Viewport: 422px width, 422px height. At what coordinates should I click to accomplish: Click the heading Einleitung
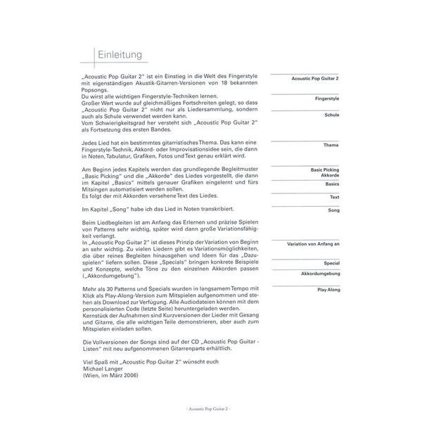pos(120,56)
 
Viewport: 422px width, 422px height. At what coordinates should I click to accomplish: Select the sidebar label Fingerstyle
pos(327,100)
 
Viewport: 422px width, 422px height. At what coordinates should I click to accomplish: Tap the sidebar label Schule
pos(332,115)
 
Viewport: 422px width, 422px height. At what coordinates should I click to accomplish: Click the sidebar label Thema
pos(331,145)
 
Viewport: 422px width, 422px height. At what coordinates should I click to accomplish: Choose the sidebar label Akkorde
pos(328,176)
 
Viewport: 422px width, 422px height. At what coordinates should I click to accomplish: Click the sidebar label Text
pos(333,198)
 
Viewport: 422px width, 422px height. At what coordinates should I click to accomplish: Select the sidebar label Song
pos(333,210)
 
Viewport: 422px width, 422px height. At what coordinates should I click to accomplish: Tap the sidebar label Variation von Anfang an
pos(313,243)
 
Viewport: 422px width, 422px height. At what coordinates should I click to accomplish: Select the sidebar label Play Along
pos(327,288)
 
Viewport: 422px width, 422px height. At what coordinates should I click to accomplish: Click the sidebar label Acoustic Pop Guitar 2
pos(315,79)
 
